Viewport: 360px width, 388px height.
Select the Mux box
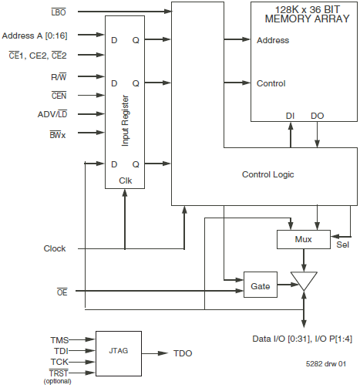302,239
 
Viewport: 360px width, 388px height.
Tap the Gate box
260,285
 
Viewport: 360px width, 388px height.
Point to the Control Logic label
267,174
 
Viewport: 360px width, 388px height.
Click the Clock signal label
55,248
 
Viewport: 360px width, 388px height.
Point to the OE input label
60,291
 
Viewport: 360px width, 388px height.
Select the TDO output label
183,353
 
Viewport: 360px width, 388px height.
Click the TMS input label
59,339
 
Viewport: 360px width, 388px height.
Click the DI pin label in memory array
290,115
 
